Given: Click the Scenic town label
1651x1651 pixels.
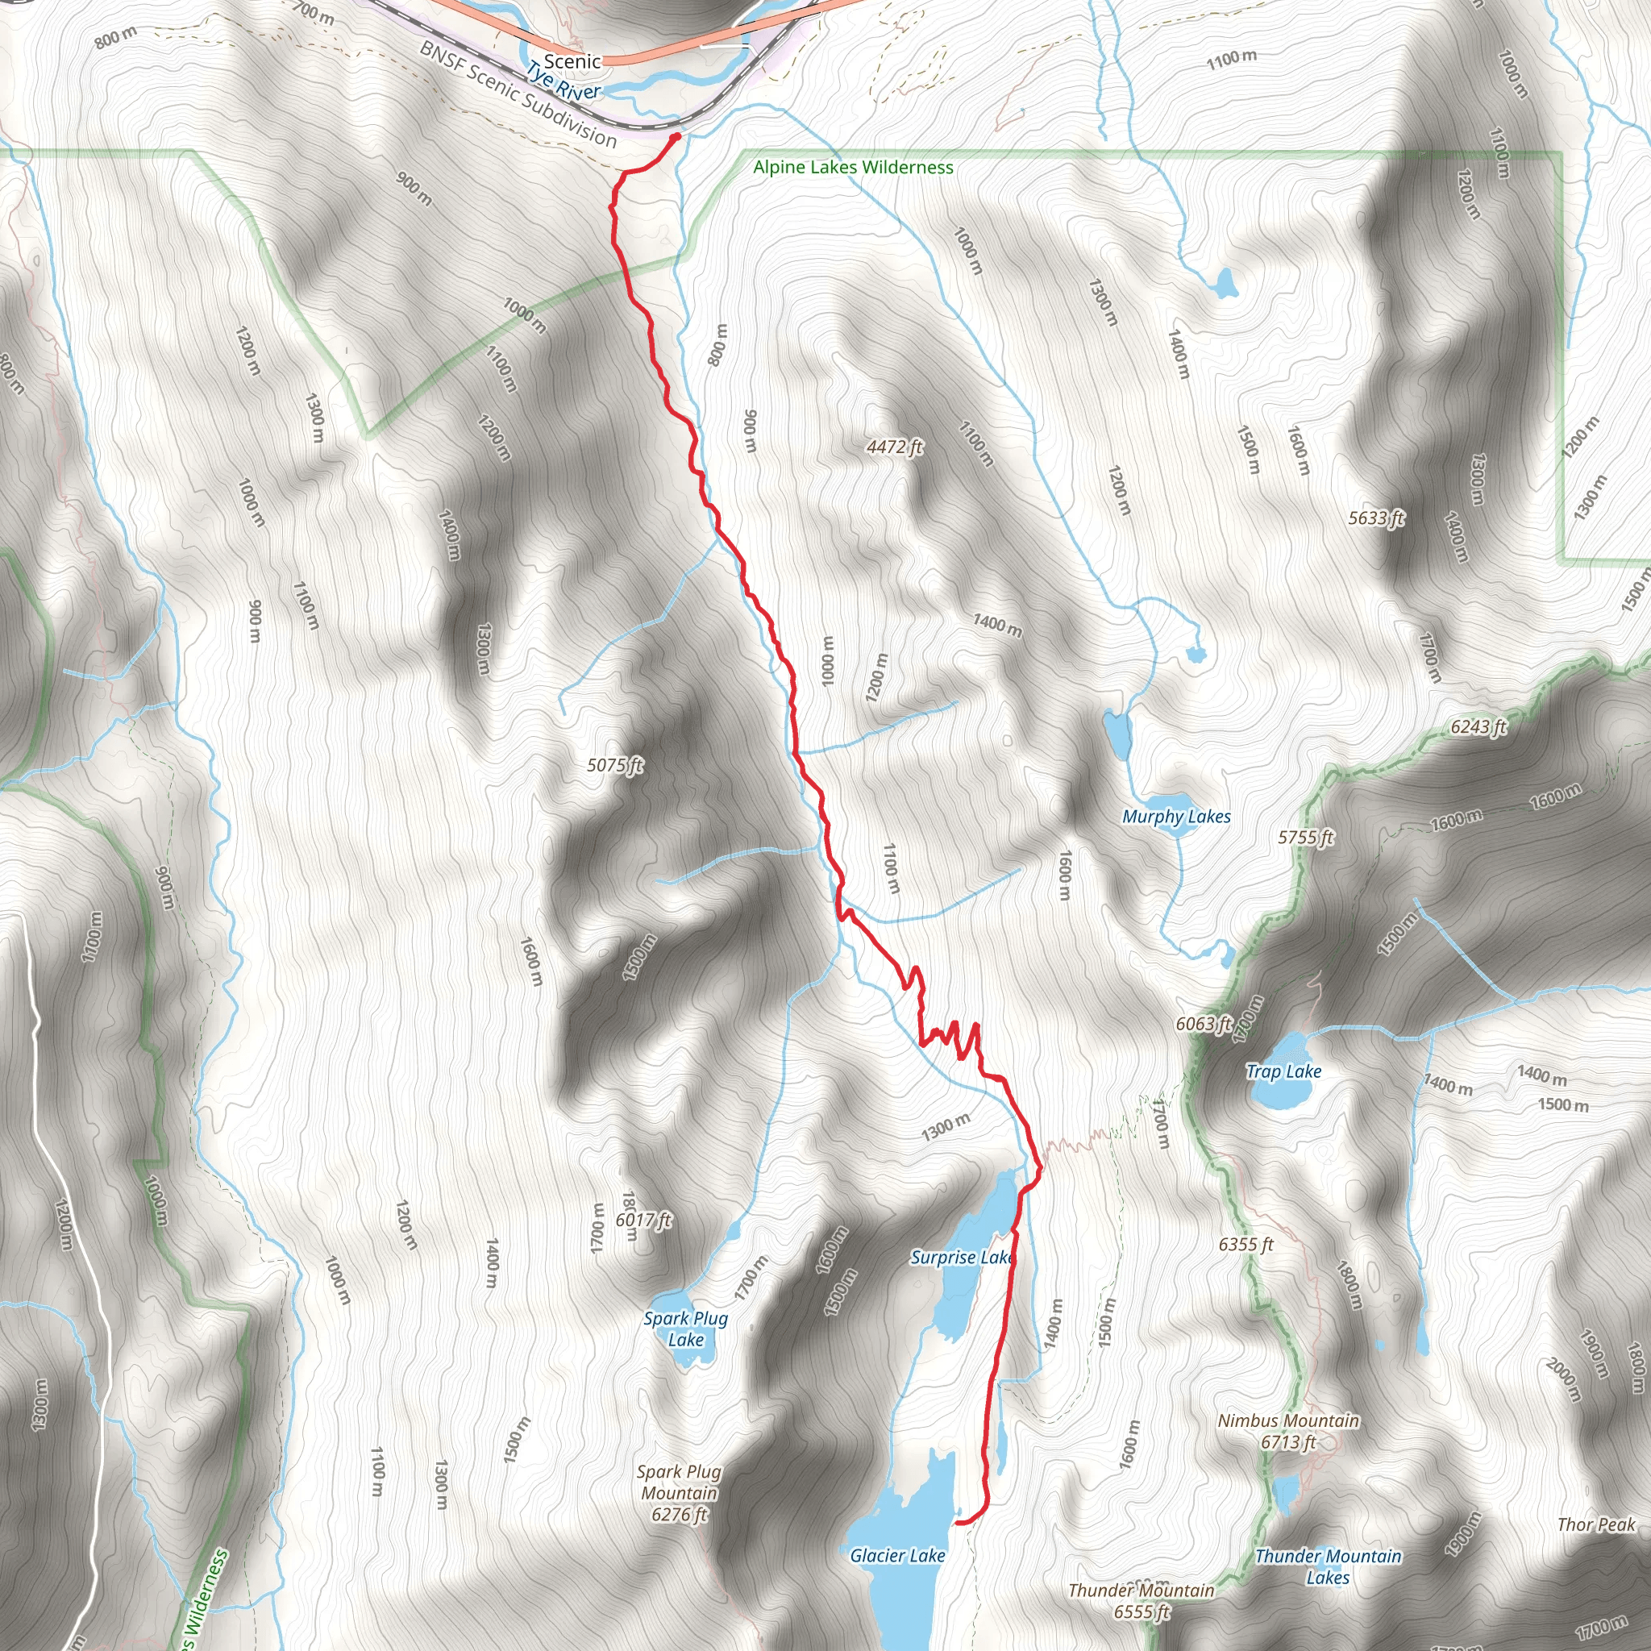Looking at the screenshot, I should pyautogui.click(x=572, y=61).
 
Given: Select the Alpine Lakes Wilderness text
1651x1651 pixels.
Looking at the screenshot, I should pyautogui.click(x=853, y=168).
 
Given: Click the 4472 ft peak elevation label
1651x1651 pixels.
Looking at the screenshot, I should pyautogui.click(x=895, y=446).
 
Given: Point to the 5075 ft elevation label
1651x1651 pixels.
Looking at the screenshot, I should pyautogui.click(x=614, y=765).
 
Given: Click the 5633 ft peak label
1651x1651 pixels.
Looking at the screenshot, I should pyautogui.click(x=1376, y=518).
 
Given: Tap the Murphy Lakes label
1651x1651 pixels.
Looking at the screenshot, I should pyautogui.click(x=1176, y=817).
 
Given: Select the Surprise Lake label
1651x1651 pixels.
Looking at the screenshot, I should pyautogui.click(x=962, y=1257).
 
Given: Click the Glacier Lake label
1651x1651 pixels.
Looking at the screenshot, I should pyautogui.click(x=897, y=1555).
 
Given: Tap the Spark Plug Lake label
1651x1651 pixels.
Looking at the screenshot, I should pyautogui.click(x=685, y=1329).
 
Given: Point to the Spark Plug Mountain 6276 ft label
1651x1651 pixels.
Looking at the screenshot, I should pyautogui.click(x=680, y=1493).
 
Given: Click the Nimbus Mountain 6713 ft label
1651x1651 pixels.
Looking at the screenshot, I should pyautogui.click(x=1287, y=1432).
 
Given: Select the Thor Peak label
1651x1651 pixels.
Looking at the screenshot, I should pyautogui.click(x=1595, y=1524).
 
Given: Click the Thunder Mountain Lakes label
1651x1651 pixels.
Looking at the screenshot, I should pyautogui.click(x=1328, y=1566).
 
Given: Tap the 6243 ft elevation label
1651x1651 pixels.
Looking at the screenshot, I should pyautogui.click(x=1478, y=726).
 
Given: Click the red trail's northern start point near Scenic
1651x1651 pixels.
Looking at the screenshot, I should pyautogui.click(x=676, y=136).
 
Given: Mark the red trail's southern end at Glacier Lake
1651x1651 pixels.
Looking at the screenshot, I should pyautogui.click(x=957, y=1522).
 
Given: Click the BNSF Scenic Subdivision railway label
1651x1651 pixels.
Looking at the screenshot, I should pyautogui.click(x=517, y=94).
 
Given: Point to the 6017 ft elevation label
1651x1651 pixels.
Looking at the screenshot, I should pyautogui.click(x=643, y=1221).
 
